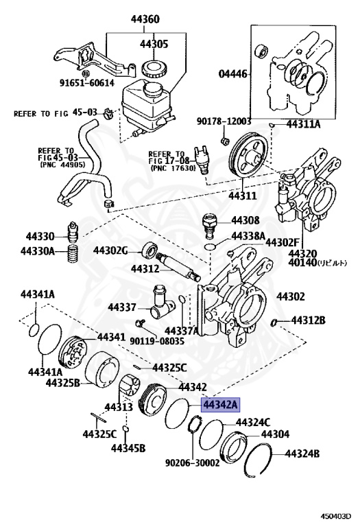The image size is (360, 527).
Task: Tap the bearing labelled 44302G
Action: coord(150,250)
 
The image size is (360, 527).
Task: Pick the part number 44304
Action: coord(275,434)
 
